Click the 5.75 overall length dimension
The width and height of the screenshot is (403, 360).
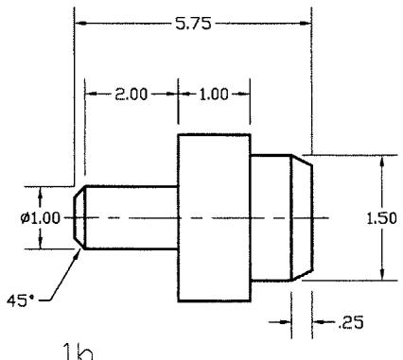click(x=193, y=24)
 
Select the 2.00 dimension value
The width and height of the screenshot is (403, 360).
click(x=131, y=94)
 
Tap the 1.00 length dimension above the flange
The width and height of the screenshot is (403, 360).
click(x=214, y=94)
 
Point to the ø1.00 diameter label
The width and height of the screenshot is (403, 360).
click(x=40, y=218)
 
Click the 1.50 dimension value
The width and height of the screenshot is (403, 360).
click(x=381, y=218)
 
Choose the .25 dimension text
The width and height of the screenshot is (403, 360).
click(x=351, y=322)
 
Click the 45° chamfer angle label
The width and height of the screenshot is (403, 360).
click(x=20, y=300)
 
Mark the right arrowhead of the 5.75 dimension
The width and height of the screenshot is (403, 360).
click(x=305, y=24)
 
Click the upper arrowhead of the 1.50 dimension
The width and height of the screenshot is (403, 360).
click(x=382, y=162)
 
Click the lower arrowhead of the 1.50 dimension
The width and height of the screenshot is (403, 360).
click(x=382, y=274)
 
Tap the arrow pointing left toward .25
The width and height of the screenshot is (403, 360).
click(x=319, y=322)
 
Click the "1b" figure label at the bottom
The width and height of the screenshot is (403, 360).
click(x=79, y=351)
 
